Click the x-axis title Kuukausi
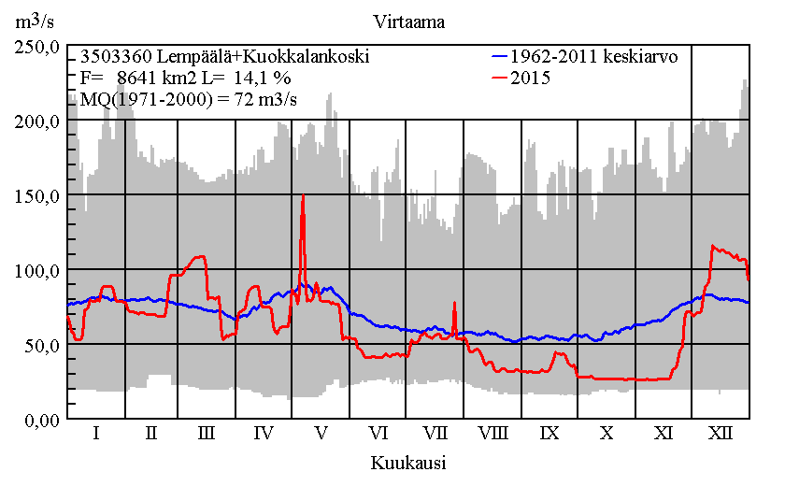coord(407,463)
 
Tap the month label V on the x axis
coord(321,434)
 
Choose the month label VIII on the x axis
coord(492,434)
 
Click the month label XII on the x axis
coord(721,434)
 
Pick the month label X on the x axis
coord(607,434)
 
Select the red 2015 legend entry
coord(530,79)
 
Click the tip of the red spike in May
coord(303,196)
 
